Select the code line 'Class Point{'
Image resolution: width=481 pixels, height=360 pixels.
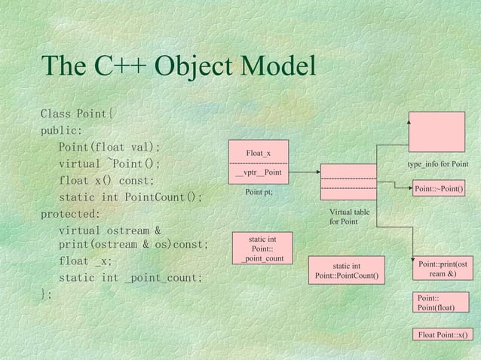[x=78, y=114]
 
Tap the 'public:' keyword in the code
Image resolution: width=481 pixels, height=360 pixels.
[x=61, y=130]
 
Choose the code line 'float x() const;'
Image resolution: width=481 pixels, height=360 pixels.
[x=106, y=181]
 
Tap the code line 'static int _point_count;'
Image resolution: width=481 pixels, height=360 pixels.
[x=130, y=278]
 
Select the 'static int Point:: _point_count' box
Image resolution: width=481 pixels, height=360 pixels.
[x=262, y=249]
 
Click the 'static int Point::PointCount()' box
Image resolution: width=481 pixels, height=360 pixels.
[x=347, y=271]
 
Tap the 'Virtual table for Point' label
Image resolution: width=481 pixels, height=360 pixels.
[x=349, y=217]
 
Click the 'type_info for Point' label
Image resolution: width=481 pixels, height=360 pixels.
[x=437, y=164]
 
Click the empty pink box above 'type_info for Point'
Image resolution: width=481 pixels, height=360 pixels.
[x=437, y=133]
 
